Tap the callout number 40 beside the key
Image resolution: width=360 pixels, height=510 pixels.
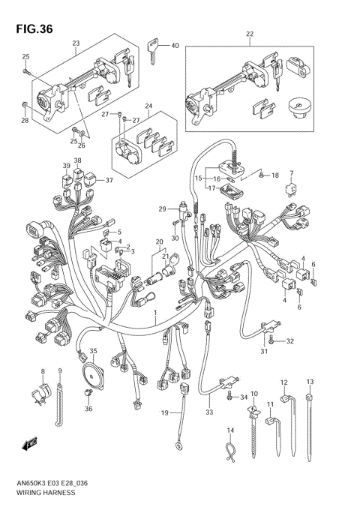(175, 46)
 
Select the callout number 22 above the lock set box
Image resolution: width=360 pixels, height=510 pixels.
(250, 34)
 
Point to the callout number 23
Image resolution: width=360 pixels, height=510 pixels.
(76, 43)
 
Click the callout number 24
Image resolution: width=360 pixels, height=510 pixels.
(149, 106)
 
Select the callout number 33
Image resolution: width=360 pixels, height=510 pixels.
(208, 411)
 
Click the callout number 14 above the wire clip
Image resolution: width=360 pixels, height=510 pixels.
(231, 430)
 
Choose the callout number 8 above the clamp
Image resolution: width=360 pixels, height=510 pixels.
(43, 373)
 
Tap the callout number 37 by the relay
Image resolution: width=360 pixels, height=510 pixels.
(109, 180)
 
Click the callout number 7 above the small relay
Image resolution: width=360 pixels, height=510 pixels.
(292, 173)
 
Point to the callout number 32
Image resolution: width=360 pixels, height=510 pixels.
(290, 341)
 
